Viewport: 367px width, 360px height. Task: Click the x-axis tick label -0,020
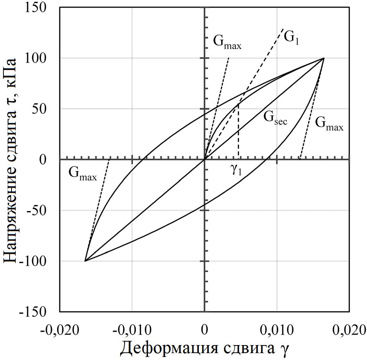tap(60, 330)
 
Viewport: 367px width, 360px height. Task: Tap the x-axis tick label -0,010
tap(132, 330)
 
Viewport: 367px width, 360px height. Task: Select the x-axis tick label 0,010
tap(277, 330)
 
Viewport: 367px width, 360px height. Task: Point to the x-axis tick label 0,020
tap(349, 330)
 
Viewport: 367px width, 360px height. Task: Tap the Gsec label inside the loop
tap(275, 117)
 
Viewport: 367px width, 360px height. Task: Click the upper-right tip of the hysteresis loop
tap(324, 58)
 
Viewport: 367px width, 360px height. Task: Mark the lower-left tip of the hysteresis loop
tap(85, 261)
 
